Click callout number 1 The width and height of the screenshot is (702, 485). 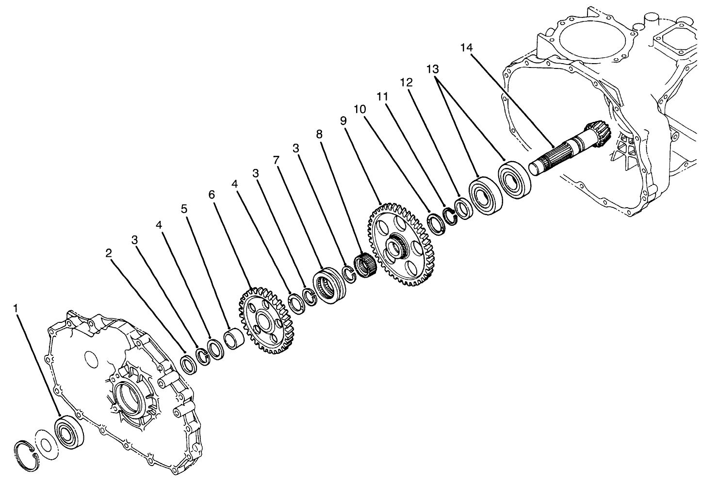pyautogui.click(x=17, y=308)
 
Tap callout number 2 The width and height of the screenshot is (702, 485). pyautogui.click(x=109, y=252)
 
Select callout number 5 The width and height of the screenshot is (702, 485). pyautogui.click(x=184, y=209)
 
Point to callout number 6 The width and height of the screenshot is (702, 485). pyautogui.click(x=211, y=194)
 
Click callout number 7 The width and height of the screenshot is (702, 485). pyautogui.click(x=276, y=159)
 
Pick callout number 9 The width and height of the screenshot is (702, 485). pyautogui.click(x=343, y=121)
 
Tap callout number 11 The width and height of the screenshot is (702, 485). pyautogui.click(x=383, y=97)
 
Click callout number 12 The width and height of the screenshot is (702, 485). pyautogui.click(x=406, y=83)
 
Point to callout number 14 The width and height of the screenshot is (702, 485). pyautogui.click(x=467, y=47)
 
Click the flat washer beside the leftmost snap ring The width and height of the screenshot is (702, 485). pyautogui.click(x=46, y=444)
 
